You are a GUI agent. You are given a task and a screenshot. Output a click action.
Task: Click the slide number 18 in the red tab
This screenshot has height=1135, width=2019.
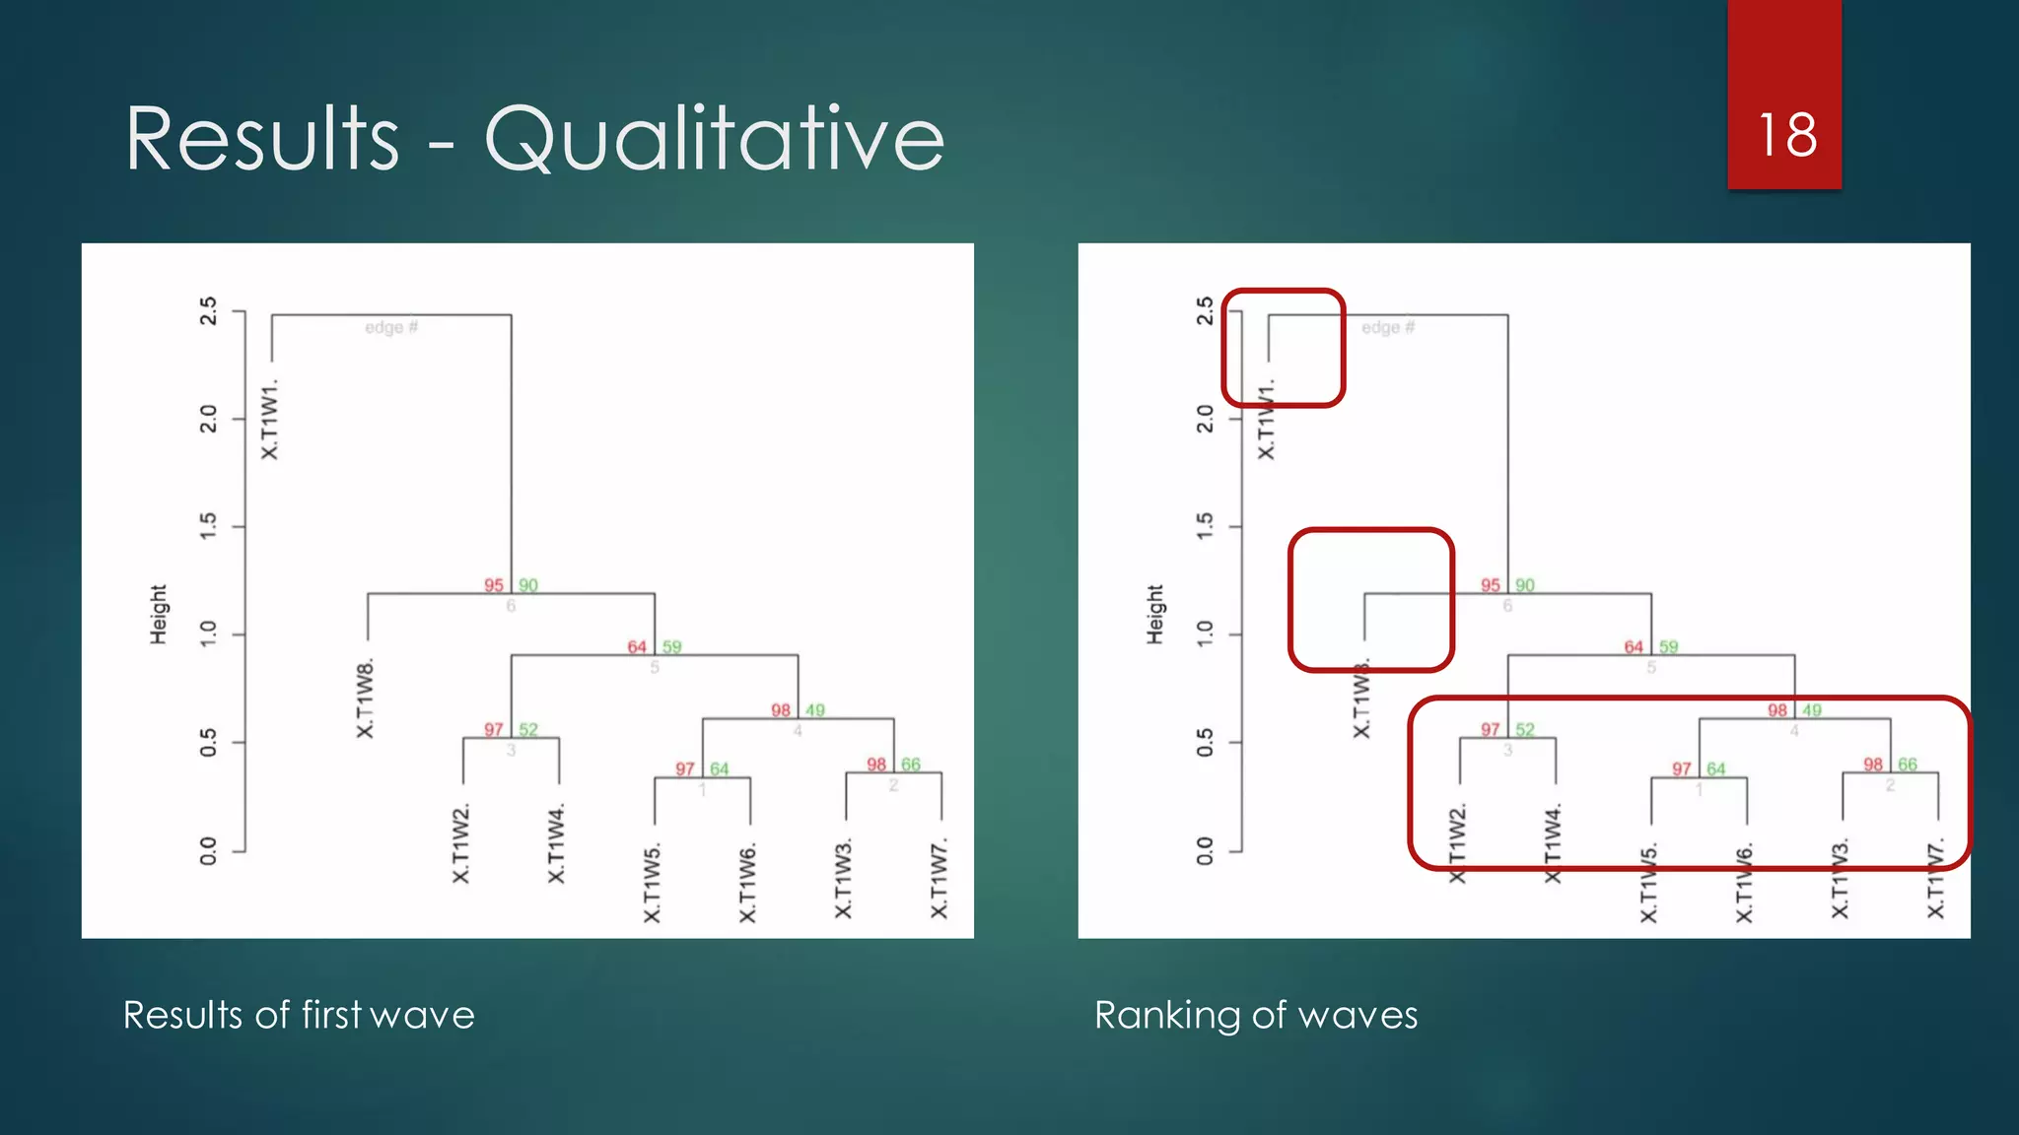(1786, 135)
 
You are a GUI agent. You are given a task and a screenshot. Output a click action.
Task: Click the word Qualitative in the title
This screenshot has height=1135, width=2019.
(714, 139)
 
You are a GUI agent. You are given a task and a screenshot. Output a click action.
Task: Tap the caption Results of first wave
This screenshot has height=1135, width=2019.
(299, 1015)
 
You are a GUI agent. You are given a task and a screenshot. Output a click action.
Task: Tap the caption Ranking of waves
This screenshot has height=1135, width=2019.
(1255, 1015)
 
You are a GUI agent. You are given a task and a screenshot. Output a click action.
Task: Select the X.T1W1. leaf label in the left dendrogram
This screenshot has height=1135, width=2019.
(270, 419)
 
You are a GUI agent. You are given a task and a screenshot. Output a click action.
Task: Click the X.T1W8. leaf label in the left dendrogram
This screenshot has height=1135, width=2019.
(366, 699)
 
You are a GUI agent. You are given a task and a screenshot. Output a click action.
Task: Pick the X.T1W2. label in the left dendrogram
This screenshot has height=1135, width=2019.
(461, 843)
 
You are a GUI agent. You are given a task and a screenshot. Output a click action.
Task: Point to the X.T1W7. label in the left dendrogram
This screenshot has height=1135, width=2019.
(940, 879)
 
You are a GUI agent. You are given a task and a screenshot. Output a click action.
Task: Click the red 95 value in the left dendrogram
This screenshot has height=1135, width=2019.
(493, 585)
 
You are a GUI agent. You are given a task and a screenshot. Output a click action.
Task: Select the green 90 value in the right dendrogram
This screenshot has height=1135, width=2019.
(1525, 585)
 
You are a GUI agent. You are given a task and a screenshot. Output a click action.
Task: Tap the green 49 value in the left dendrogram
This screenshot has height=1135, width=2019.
(815, 710)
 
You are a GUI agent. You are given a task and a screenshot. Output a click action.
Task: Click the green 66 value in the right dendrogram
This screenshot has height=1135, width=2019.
(1908, 765)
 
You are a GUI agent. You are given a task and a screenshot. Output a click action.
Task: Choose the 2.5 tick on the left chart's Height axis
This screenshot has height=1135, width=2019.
(208, 311)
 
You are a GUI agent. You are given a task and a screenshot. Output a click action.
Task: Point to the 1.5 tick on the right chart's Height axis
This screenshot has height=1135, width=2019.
(1205, 526)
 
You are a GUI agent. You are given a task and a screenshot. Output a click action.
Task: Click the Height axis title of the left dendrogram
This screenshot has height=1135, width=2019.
(159, 615)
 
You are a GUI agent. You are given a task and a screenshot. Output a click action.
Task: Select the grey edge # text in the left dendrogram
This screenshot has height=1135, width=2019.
(391, 327)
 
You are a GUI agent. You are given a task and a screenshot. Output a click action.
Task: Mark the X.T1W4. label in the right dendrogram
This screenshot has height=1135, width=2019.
(1554, 843)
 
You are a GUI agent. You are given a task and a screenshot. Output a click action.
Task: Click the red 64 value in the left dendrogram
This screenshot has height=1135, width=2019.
(637, 647)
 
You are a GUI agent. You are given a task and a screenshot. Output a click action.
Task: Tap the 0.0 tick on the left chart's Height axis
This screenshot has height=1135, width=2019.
(208, 850)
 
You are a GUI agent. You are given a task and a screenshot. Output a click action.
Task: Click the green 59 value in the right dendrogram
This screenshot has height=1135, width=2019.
(1668, 647)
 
